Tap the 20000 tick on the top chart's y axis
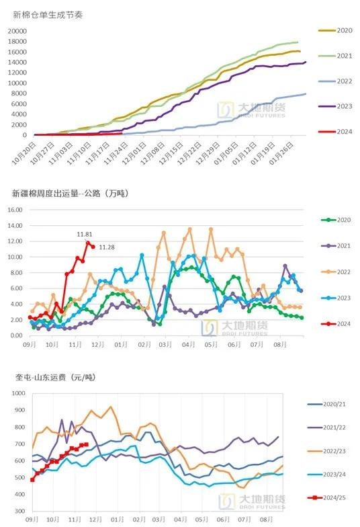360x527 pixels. pyautogui.click(x=19, y=31)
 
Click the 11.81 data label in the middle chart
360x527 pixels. pyautogui.click(x=85, y=234)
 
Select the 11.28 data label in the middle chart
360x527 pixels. pyautogui.click(x=107, y=247)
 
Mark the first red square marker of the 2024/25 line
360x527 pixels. pyautogui.click(x=33, y=479)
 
